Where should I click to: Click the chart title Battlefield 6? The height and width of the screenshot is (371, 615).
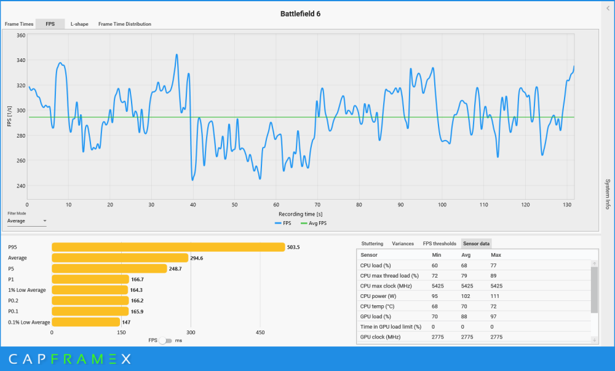pyautogui.click(x=300, y=14)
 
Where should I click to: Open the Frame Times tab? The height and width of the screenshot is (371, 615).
pyautogui.click(x=19, y=24)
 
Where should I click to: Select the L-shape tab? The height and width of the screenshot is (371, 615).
pyautogui.click(x=79, y=24)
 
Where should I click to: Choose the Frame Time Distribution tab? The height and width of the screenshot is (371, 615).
pyautogui.click(x=125, y=24)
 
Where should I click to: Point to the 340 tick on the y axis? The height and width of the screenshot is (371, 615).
pyautogui.click(x=21, y=60)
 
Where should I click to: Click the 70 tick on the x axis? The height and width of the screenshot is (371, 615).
pyautogui.click(x=317, y=205)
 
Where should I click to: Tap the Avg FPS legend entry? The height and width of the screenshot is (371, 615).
pyautogui.click(x=314, y=224)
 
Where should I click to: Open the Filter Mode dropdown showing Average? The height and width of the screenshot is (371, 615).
pyautogui.click(x=26, y=221)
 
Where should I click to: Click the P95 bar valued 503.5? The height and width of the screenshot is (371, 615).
pyautogui.click(x=169, y=247)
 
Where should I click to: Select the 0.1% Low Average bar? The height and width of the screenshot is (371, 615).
pyautogui.click(x=85, y=322)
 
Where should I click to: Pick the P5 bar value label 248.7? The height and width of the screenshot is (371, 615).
pyautogui.click(x=175, y=269)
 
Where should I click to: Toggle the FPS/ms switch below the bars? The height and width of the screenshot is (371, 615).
pyautogui.click(x=165, y=340)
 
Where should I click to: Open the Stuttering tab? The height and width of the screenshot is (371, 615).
pyautogui.click(x=372, y=244)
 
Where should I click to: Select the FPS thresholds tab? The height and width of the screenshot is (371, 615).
pyautogui.click(x=439, y=244)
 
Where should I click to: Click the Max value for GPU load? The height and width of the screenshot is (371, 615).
pyautogui.click(x=493, y=316)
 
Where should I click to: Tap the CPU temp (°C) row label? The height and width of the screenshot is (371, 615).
pyautogui.click(x=378, y=307)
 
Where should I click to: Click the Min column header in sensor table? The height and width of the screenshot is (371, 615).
pyautogui.click(x=437, y=255)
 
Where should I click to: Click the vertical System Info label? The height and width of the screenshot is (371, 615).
pyautogui.click(x=608, y=194)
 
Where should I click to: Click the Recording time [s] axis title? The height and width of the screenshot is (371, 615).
pyautogui.click(x=301, y=214)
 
